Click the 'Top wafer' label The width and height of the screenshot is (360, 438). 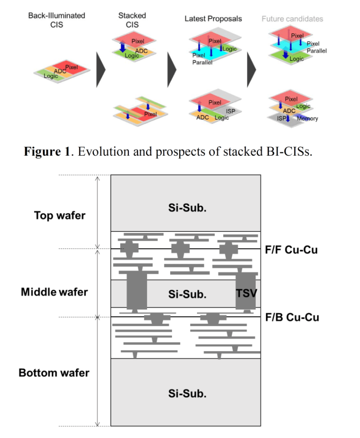(59, 215)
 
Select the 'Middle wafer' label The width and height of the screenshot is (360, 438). (54, 292)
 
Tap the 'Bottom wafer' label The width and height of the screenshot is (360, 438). (54, 373)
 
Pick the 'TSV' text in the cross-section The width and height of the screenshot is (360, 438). (247, 294)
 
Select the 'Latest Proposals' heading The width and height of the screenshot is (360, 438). (213, 18)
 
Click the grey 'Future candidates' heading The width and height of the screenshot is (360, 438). (292, 19)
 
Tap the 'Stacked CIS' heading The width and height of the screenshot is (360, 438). (132, 19)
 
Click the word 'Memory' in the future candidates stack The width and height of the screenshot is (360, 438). (307, 119)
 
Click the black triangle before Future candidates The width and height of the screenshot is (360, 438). (251, 69)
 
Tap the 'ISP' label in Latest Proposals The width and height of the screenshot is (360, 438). (230, 111)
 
